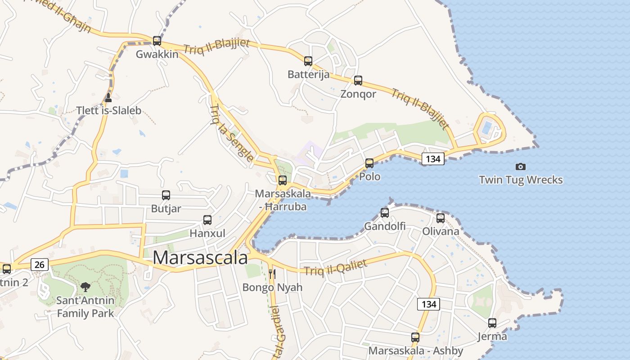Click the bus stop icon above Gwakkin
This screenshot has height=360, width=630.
coord(157,40)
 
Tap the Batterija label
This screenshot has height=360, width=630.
coord(309,75)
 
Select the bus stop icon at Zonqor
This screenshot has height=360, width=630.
coord(358,81)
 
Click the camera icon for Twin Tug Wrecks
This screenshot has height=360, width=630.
coord(521,166)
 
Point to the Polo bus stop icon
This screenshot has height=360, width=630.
coord(369,163)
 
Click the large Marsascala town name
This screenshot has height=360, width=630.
coord(200,258)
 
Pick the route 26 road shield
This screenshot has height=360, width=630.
coord(40,264)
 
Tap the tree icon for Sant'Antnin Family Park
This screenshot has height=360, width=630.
coord(85,287)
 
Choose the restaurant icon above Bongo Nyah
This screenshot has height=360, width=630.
coord(272,274)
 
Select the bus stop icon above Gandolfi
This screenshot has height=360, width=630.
coord(385,212)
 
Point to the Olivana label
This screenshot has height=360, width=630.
coord(441,231)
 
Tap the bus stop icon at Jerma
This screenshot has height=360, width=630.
coord(492,323)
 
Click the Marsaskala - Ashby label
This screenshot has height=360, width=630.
coord(416,351)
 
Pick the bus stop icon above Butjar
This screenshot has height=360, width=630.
coord(166,195)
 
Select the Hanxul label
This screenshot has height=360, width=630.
coord(207,234)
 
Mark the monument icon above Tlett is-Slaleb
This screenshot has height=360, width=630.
coord(108,98)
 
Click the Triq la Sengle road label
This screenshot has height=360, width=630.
coord(232,133)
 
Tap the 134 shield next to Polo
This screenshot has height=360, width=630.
coord(433,158)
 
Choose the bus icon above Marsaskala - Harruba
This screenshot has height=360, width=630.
coord(283,180)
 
